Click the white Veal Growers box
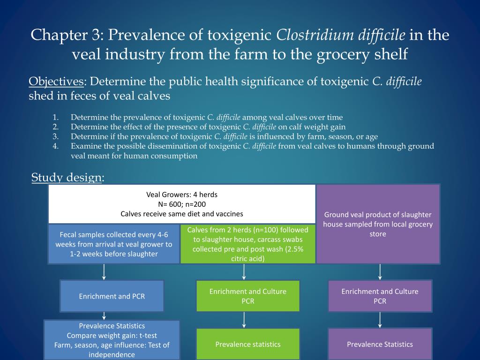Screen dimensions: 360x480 coord(182,204)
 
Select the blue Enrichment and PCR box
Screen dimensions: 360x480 coord(112,296)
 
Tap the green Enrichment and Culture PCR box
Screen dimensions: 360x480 coord(247,296)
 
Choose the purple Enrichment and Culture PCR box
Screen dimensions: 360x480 coord(380,296)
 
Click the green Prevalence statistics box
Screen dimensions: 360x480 coord(247,345)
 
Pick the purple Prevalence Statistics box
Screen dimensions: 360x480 coord(380,345)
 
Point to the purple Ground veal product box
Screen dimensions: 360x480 coord(378,224)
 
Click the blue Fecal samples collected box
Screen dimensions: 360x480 coord(114,244)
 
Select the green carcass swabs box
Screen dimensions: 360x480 coord(247,244)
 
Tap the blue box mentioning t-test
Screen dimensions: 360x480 coord(112,340)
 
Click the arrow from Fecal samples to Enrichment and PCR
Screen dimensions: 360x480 coord(104,272)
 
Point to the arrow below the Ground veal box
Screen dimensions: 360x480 coord(380,272)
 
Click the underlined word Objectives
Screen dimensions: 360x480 coord(56,82)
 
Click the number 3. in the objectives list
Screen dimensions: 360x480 coord(55,136)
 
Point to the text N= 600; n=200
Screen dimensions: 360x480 coord(182,204)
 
